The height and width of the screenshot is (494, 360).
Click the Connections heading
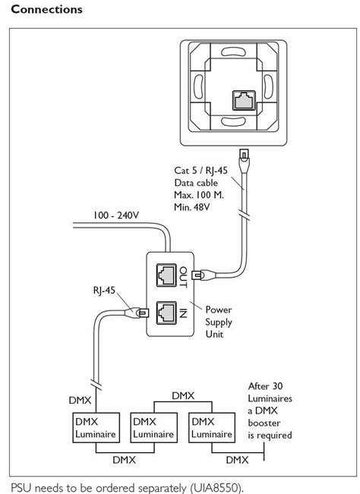pyautogui.click(x=46, y=9)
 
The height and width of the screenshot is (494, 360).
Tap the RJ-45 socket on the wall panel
pyautogui.click(x=244, y=100)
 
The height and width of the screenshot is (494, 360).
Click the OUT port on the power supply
pyautogui.click(x=166, y=275)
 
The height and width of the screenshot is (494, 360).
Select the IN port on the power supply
pyautogui.click(x=166, y=313)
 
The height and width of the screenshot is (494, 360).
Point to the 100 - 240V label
pyautogui.click(x=115, y=216)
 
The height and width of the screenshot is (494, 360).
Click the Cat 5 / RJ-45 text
pyautogui.click(x=201, y=171)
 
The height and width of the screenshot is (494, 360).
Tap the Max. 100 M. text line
pyautogui.click(x=198, y=195)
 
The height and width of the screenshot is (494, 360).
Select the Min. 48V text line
pyautogui.click(x=191, y=207)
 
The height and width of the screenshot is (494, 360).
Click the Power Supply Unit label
pyautogui.click(x=219, y=322)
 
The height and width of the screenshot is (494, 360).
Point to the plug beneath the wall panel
pyautogui.click(x=245, y=161)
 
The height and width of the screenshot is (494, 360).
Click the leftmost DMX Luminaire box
pyautogui.click(x=96, y=427)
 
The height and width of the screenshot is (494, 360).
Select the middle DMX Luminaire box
pyautogui.click(x=154, y=427)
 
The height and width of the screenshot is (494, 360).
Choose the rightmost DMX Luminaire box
pyautogui.click(x=212, y=427)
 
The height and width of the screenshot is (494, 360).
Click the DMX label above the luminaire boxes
pyautogui.click(x=183, y=395)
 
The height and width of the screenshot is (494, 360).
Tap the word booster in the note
pyautogui.click(x=264, y=423)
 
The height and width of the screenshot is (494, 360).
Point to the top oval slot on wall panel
pyautogui.click(x=233, y=52)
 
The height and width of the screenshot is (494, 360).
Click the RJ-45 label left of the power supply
pyautogui.click(x=104, y=290)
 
